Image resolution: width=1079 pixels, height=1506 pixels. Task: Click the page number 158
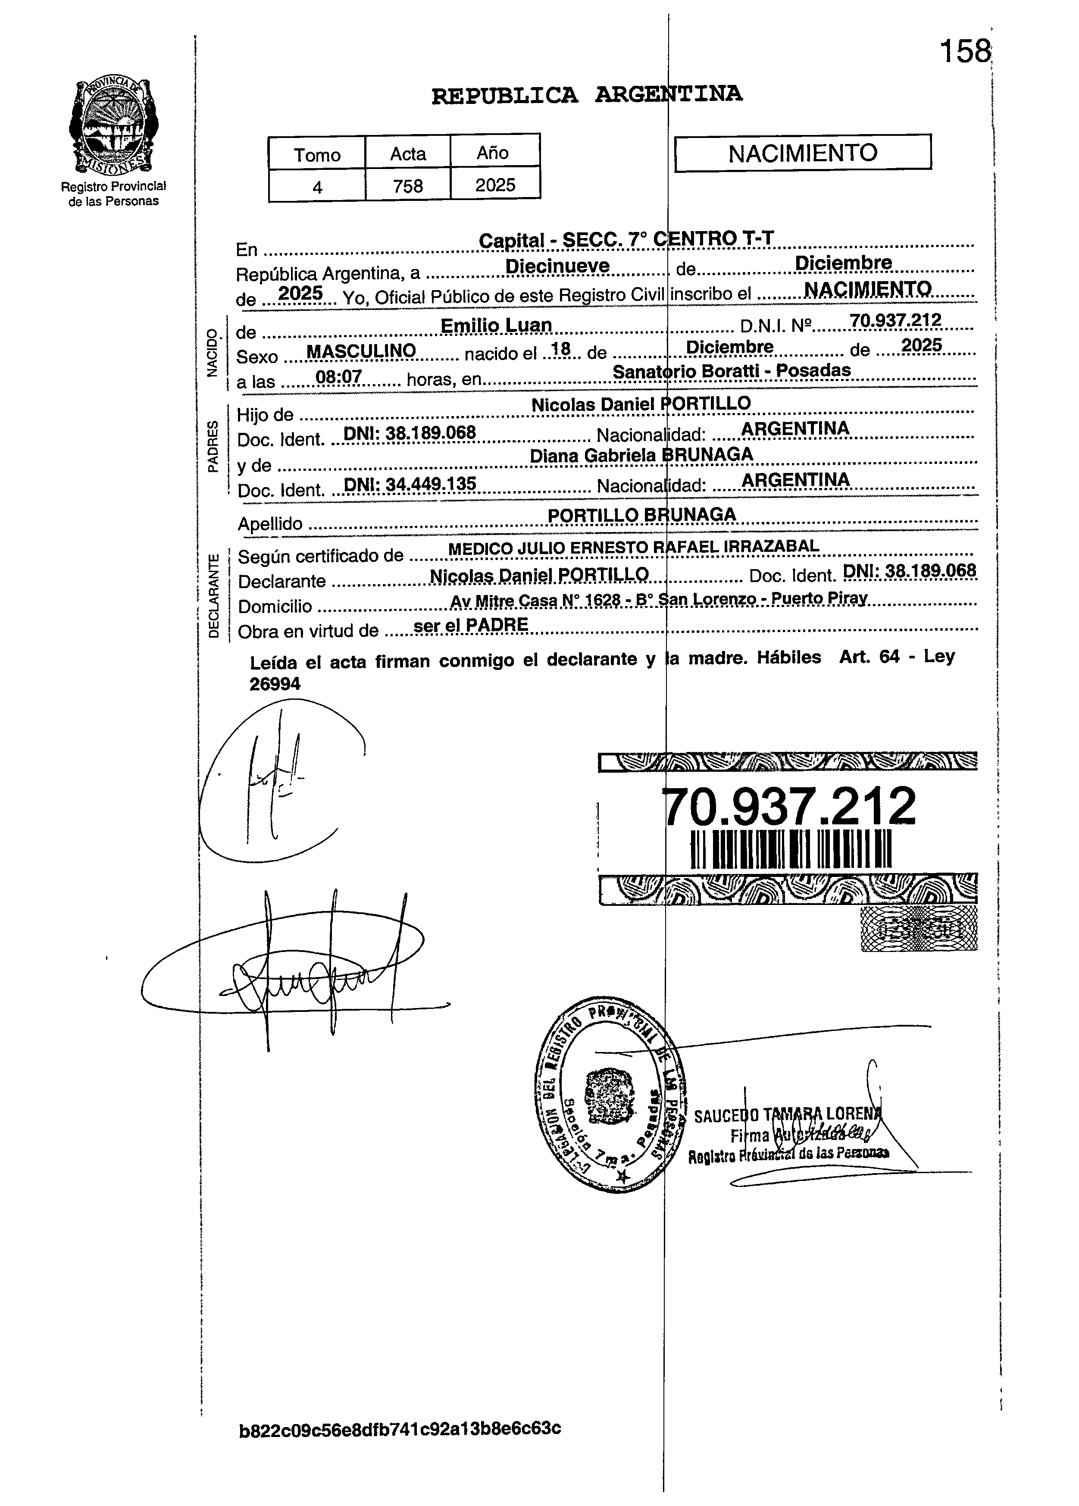965,51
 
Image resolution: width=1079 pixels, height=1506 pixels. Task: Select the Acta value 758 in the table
408,186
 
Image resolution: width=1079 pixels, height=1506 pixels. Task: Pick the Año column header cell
493,153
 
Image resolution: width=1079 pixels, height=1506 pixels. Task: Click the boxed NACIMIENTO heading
803,153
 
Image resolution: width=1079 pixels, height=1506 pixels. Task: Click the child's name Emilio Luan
496,326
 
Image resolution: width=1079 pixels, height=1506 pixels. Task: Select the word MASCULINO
361,351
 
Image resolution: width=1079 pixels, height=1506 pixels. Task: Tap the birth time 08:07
339,377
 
